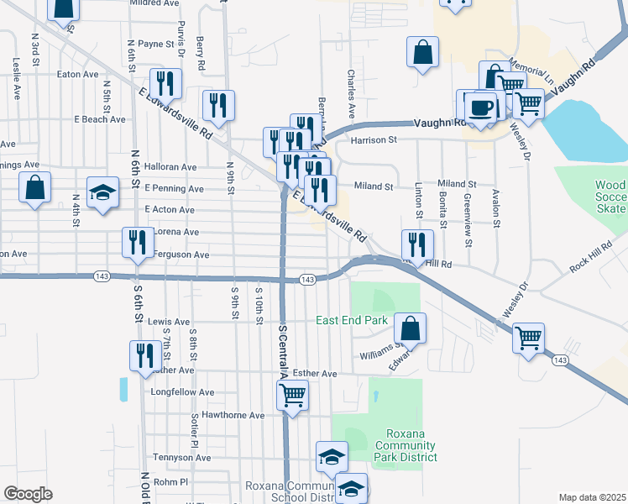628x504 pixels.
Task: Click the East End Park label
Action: click(x=351, y=320)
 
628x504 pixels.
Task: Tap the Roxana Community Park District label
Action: click(x=406, y=445)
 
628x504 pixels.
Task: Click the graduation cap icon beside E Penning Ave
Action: click(x=103, y=192)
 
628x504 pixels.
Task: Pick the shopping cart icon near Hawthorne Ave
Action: click(x=292, y=394)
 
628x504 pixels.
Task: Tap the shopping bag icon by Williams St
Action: click(x=410, y=328)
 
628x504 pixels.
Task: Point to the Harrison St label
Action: click(x=374, y=140)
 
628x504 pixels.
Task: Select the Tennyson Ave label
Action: click(x=182, y=458)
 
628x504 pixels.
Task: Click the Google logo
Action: click(x=29, y=494)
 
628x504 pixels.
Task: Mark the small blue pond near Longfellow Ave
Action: click(x=124, y=389)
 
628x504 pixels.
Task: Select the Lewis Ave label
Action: click(x=170, y=322)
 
